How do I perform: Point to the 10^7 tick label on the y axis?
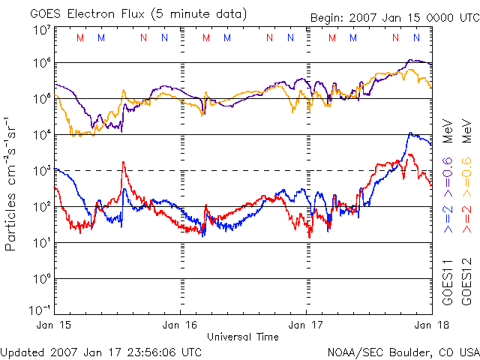click(40, 30)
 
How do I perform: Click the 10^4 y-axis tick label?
click(40, 134)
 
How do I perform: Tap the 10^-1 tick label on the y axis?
click(40, 310)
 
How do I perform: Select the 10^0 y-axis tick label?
click(40, 278)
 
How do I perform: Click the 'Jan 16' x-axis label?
click(180, 325)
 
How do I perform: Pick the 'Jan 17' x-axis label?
click(306, 325)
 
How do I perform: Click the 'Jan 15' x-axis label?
click(55, 325)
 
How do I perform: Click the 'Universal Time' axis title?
click(243, 337)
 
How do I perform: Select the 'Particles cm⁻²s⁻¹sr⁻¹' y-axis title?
click(13, 184)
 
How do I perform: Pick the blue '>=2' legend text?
click(448, 218)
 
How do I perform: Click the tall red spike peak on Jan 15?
click(123, 163)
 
